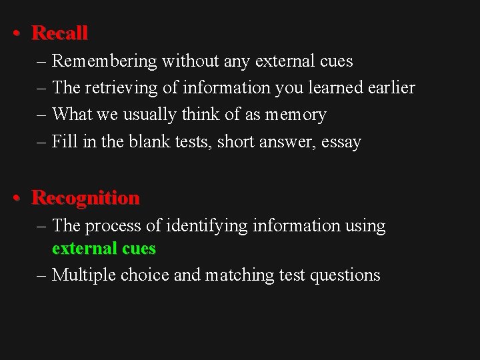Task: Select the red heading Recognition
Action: coord(85,198)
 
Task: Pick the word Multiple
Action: coord(84,275)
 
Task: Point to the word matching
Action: coord(238,275)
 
